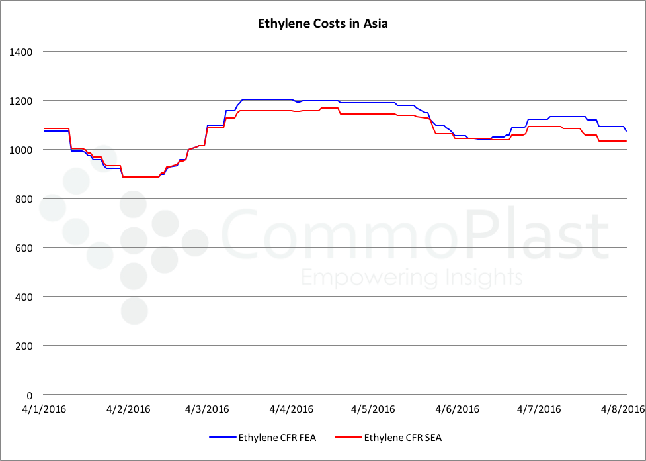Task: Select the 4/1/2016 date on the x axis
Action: point(44,409)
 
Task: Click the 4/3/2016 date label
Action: point(207,409)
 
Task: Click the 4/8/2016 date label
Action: point(622,409)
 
